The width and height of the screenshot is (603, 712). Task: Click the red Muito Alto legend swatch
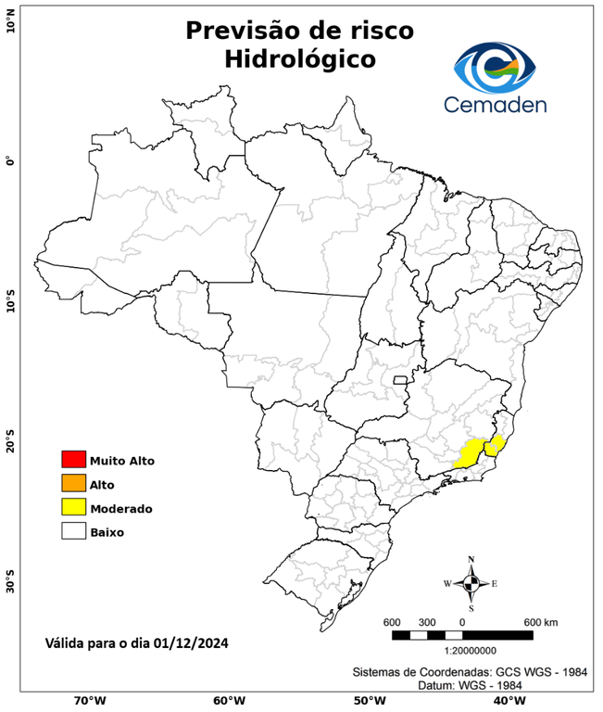[73, 459]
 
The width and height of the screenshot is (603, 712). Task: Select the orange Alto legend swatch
[73, 483]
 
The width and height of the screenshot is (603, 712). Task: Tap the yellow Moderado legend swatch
[73, 507]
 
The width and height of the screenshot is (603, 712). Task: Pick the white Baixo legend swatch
[73, 531]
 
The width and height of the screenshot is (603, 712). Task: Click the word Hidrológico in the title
[300, 60]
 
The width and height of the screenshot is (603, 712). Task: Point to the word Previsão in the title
[245, 30]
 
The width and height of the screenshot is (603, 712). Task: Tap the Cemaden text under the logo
[495, 104]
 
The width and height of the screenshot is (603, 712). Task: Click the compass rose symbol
[471, 583]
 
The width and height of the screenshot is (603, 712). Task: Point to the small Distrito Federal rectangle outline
[401, 380]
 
